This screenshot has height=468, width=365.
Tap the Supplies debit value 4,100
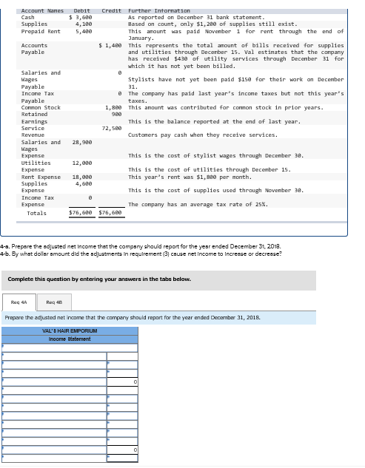[x=84, y=24]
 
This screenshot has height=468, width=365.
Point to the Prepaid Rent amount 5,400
[x=84, y=32]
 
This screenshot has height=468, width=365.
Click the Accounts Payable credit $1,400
[x=110, y=46]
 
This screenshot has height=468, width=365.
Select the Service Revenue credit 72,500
[x=111, y=128]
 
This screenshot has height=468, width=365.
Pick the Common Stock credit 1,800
[x=113, y=108]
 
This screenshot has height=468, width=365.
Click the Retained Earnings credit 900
[x=116, y=115]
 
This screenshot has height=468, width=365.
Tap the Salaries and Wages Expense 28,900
[x=81, y=142]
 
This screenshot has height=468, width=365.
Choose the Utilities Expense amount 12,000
[x=81, y=163]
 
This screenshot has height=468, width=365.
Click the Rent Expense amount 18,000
[x=81, y=177]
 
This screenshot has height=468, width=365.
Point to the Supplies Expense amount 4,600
[x=84, y=184]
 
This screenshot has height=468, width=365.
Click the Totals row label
[x=36, y=213]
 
